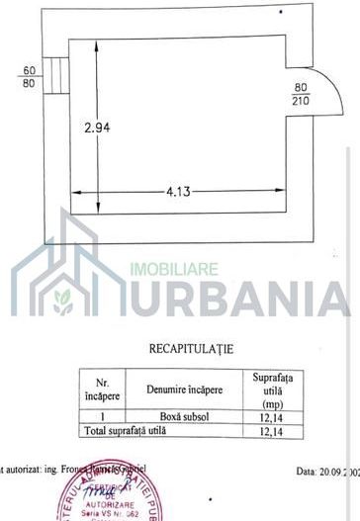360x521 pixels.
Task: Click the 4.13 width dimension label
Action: [x=178, y=192]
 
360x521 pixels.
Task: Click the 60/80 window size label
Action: [x=29, y=76]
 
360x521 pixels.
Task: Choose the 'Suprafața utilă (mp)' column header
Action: [x=279, y=389]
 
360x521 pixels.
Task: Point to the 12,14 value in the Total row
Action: [x=279, y=431]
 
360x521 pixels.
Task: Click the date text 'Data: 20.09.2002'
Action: [x=324, y=473]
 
